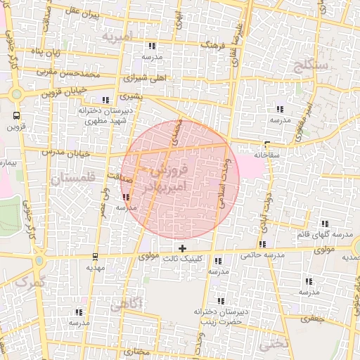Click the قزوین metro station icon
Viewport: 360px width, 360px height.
click(x=15, y=115)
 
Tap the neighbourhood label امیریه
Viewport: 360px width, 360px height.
click(x=117, y=35)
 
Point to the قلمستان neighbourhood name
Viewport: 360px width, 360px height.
click(x=72, y=179)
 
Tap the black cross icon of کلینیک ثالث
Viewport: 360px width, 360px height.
click(x=183, y=248)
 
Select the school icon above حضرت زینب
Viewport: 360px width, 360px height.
click(x=221, y=301)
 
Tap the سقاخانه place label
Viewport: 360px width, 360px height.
click(x=268, y=154)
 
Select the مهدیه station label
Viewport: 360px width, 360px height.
click(x=95, y=268)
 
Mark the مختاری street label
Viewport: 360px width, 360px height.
click(x=136, y=349)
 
